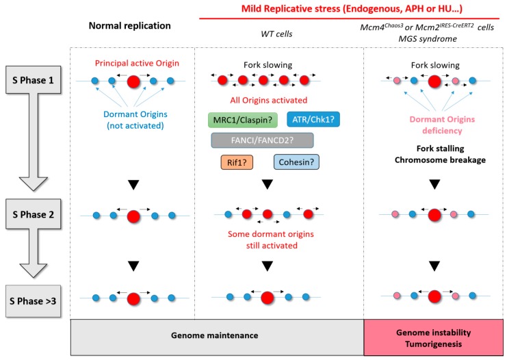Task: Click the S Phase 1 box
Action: (33, 80)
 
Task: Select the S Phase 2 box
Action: (33, 214)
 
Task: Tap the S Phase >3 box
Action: (33, 301)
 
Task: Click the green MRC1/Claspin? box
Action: (242, 120)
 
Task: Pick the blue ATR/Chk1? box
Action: (313, 120)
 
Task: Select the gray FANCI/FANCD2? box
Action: (262, 140)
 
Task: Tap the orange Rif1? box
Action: (237, 162)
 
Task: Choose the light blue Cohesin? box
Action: (296, 162)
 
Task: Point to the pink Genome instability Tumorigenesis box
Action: (433, 337)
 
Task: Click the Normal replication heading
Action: (130, 25)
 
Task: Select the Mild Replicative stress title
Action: (352, 8)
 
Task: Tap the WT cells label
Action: (276, 34)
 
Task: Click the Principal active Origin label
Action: (137, 63)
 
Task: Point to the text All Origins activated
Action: (268, 101)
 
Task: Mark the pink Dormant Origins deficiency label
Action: (442, 125)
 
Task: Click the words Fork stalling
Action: (440, 149)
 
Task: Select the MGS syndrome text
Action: (428, 39)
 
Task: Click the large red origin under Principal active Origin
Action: (133, 82)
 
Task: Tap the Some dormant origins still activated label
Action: (271, 240)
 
